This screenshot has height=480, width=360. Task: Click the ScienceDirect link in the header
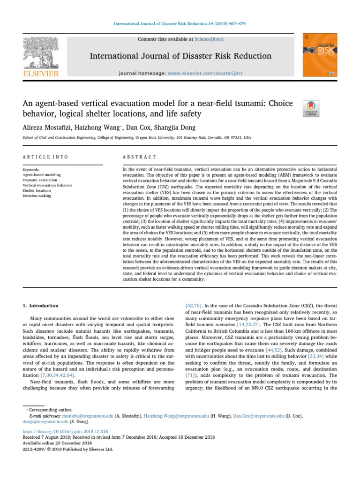(210, 39)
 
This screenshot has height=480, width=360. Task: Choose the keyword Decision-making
(37, 196)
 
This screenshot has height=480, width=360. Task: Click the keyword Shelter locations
(37, 191)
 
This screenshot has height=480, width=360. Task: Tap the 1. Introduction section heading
(41, 306)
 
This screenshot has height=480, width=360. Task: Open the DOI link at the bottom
(66, 431)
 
